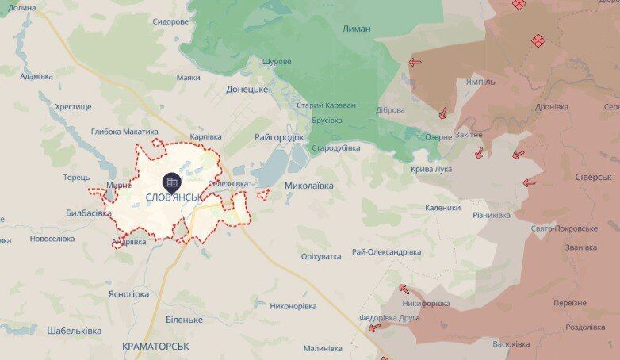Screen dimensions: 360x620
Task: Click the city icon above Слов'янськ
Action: pos(172,182)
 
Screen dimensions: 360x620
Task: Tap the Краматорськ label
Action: pos(156,347)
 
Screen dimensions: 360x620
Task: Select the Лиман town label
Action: pos(356,29)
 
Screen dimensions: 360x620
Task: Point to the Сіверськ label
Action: pos(594,177)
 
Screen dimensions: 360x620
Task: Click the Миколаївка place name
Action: pos(308,186)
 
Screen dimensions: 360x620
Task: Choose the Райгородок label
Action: pos(279,137)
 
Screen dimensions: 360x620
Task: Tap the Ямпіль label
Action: pos(481,81)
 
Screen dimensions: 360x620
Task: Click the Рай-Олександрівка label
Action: pos(386,251)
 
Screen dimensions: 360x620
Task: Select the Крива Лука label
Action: pos(431,169)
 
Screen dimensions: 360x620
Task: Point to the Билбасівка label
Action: pos(89,213)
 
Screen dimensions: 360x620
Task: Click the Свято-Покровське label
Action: pos(565,228)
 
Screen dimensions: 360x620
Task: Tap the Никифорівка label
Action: pos(426,303)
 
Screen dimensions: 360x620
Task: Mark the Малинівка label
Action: pos(323,348)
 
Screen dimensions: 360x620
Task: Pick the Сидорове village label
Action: pos(170,21)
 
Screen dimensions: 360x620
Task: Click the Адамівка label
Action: pos(36,76)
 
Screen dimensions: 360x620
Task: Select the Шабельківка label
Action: pos(74,330)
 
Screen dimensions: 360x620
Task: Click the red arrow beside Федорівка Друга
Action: pos(374,327)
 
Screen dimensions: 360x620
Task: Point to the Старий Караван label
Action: pos(326,105)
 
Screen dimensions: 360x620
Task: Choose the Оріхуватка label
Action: pos(321,256)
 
